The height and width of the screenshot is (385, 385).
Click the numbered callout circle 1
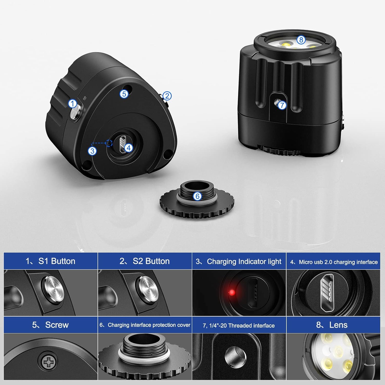[73, 104]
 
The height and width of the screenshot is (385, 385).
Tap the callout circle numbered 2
[167, 96]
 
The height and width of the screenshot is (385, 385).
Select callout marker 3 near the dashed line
[92, 151]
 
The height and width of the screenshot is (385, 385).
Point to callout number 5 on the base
[124, 94]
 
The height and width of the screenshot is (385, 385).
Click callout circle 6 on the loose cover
[197, 196]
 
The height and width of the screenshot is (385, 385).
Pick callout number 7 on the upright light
[282, 105]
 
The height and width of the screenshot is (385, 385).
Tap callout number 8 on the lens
[301, 40]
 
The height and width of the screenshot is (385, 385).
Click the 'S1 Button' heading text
[51, 261]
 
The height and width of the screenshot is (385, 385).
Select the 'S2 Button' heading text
[145, 261]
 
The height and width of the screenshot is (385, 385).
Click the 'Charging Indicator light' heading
[239, 262]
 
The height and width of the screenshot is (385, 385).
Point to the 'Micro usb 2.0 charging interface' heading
[334, 262]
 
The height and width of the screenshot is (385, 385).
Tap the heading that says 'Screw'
[51, 325]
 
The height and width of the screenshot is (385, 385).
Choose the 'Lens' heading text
[332, 325]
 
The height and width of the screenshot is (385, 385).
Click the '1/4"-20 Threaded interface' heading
[239, 325]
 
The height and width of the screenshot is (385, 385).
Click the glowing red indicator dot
[232, 293]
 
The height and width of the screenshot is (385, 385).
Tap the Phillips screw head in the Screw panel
[47, 362]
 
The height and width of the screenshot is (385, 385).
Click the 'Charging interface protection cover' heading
[145, 325]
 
